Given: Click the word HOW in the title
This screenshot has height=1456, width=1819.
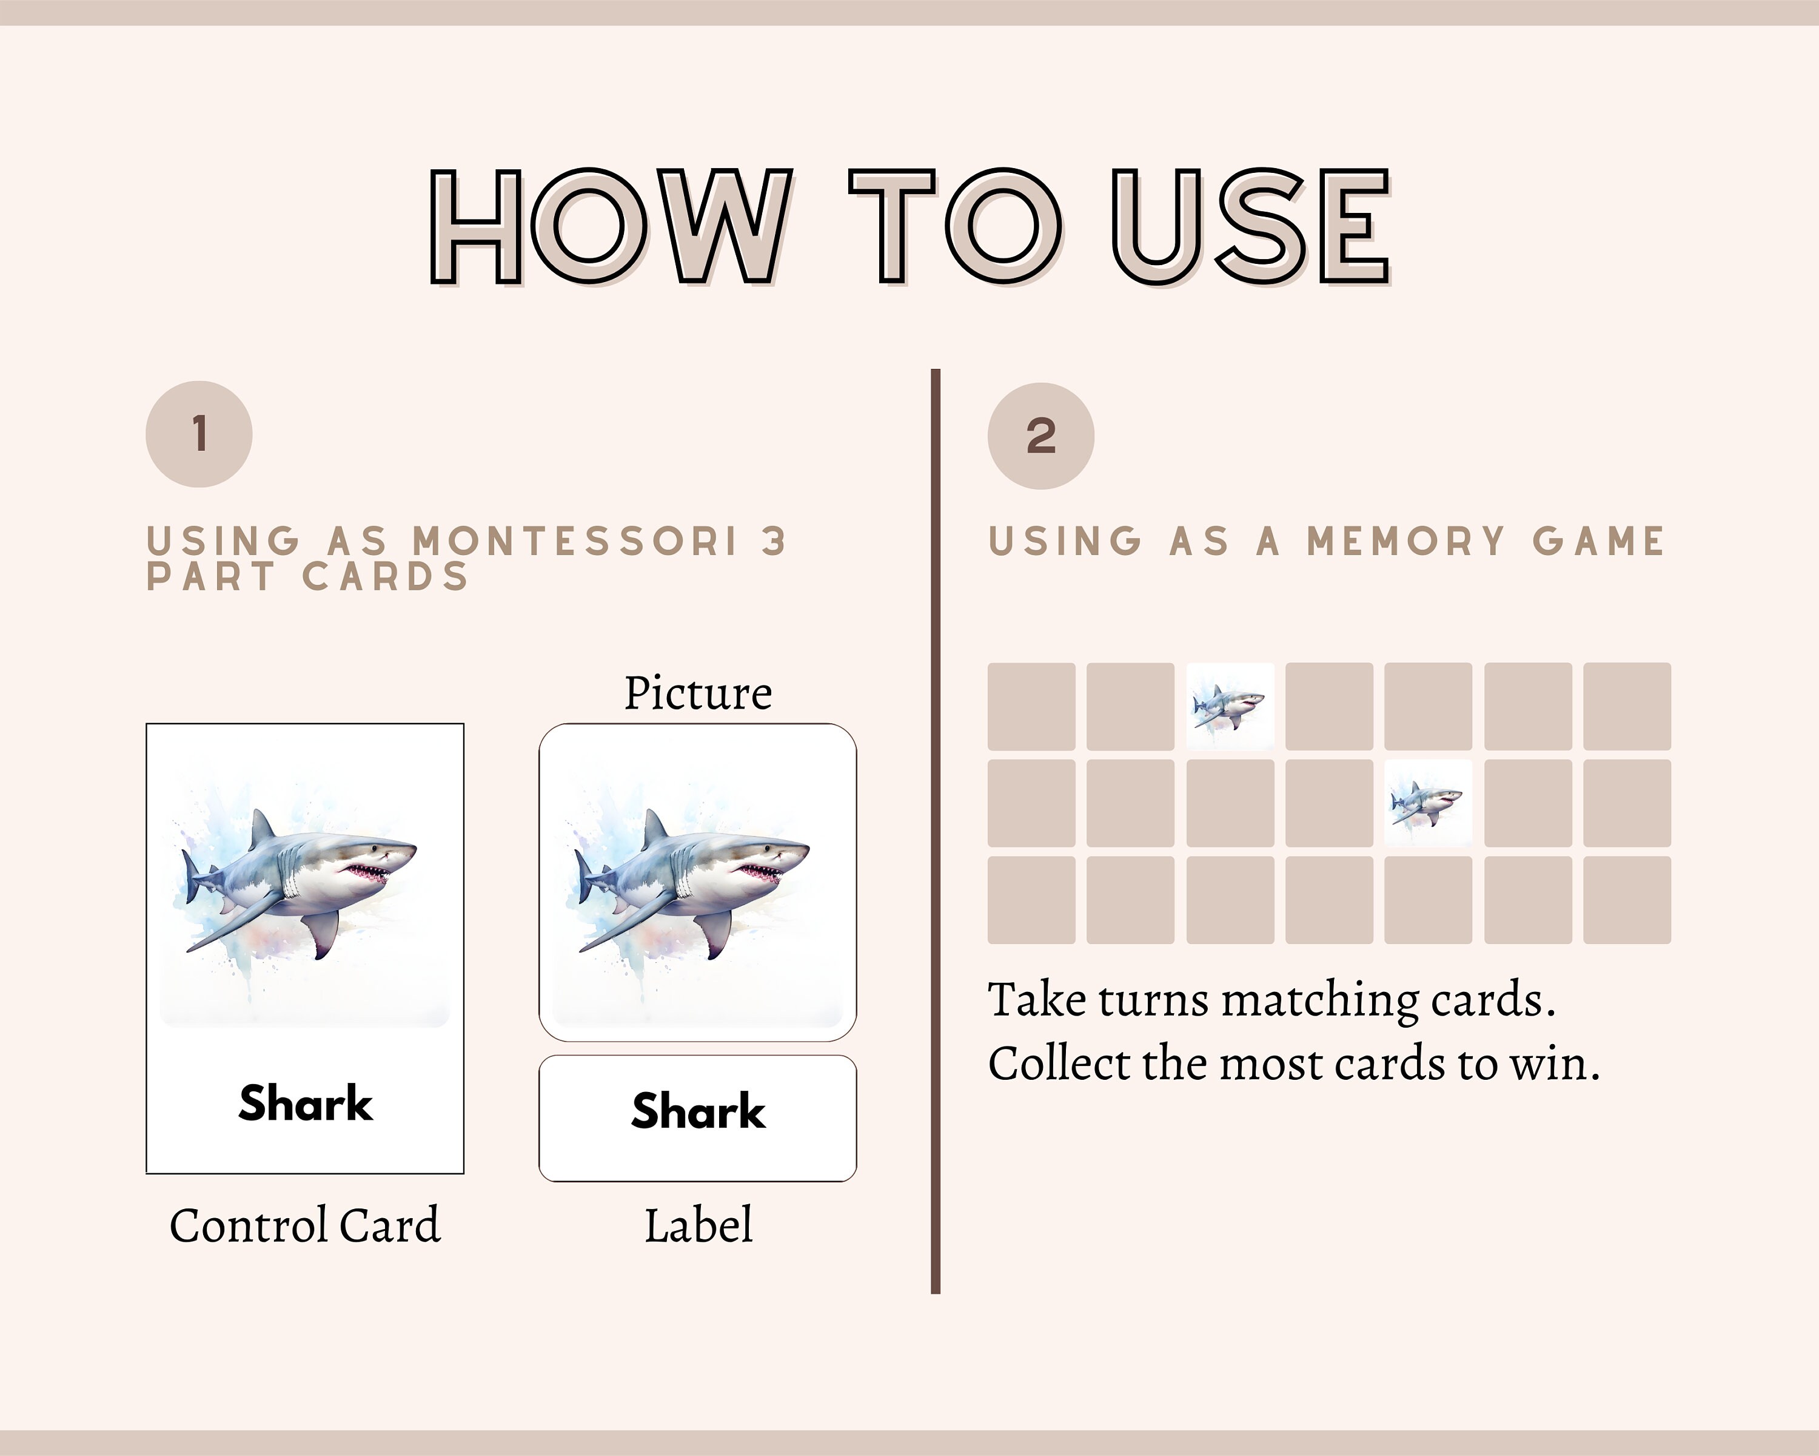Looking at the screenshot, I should (612, 226).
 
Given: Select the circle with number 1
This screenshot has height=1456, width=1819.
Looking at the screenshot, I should (199, 434).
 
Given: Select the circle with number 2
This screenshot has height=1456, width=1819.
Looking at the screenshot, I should (1040, 436).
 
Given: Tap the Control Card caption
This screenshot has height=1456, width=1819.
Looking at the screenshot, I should (304, 1225).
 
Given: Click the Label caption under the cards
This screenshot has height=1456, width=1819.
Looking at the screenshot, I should (698, 1225).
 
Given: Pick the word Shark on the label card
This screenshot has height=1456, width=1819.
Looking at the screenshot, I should (698, 1111).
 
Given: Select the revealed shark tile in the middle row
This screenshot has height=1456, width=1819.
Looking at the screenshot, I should (1427, 803).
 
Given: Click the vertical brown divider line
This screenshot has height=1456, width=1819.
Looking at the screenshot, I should (935, 831).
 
